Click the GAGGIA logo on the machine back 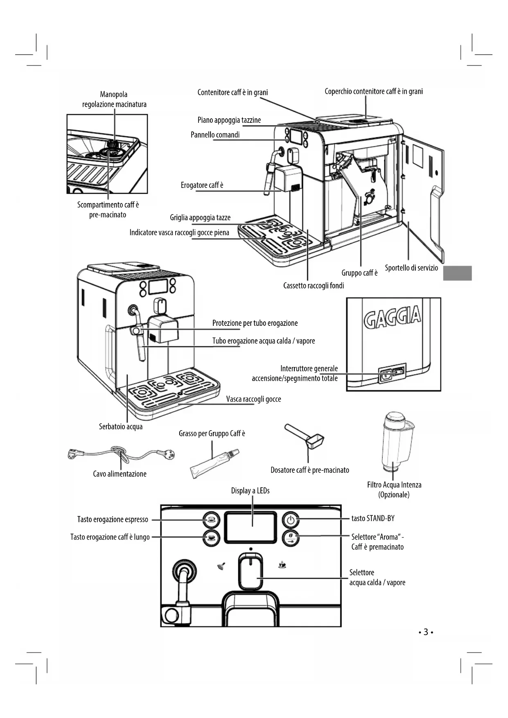click(x=392, y=317)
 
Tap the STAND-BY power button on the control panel click(x=291, y=520)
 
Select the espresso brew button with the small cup click(x=211, y=520)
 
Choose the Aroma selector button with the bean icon click(x=291, y=537)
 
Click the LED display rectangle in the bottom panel click(x=251, y=528)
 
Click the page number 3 click(x=426, y=632)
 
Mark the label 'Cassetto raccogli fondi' click(x=314, y=285)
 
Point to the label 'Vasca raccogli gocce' click(x=254, y=399)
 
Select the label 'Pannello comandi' click(x=215, y=135)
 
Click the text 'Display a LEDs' click(x=251, y=490)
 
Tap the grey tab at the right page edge click(x=457, y=273)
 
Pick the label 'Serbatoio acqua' click(x=121, y=427)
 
